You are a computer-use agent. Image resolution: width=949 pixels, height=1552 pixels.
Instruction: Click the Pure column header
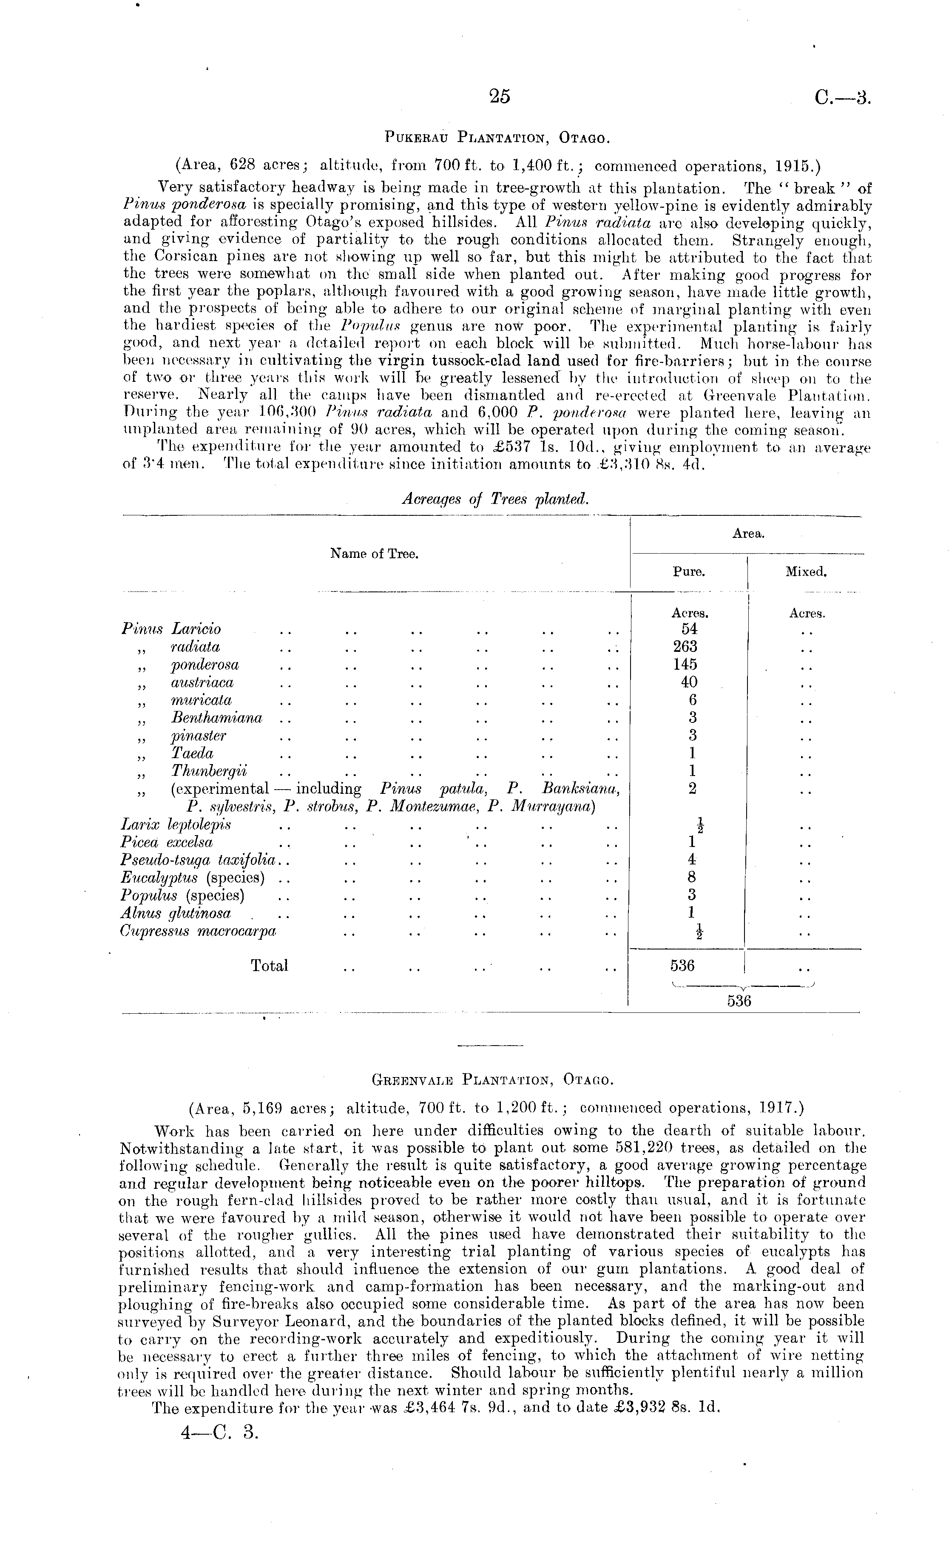[x=688, y=572]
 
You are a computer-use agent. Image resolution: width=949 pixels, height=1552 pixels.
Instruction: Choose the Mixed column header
[x=805, y=572]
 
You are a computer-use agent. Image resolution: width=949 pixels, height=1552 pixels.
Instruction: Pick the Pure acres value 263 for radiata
[x=685, y=647]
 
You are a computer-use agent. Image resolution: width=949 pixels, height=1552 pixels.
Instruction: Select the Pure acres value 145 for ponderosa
[x=685, y=665]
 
